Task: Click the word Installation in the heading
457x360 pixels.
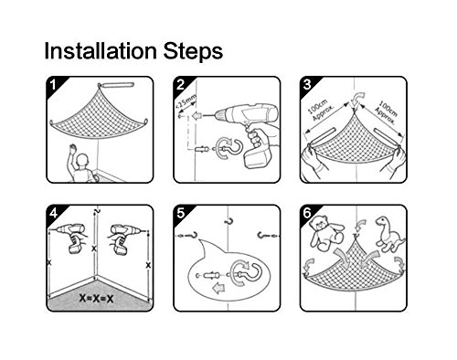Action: (101, 50)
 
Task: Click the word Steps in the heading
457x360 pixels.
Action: (193, 50)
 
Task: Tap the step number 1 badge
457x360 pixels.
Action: (53, 85)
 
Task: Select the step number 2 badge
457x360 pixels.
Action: (181, 85)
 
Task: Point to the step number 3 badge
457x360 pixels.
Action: (307, 85)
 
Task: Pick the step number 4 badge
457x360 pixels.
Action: (53, 213)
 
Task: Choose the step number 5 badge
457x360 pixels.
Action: (181, 213)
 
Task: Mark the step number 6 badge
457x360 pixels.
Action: (307, 213)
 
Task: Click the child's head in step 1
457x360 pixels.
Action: (82, 161)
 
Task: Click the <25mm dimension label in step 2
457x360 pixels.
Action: (186, 102)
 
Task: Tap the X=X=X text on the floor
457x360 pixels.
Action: (96, 298)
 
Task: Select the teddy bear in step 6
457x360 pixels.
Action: (325, 233)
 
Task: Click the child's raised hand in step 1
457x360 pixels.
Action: (72, 148)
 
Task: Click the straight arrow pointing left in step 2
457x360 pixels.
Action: (197, 116)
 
